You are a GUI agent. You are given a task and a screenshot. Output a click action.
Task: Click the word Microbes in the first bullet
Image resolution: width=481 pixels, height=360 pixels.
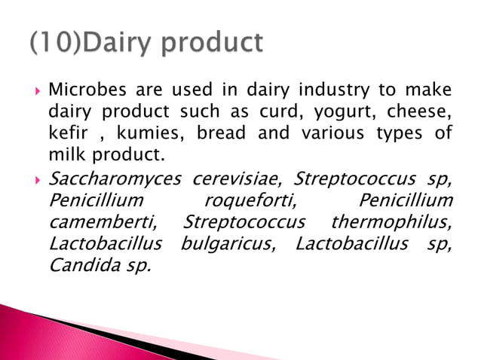[x=81, y=90]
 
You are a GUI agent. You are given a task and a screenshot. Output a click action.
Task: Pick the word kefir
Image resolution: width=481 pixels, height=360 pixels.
[x=66, y=133]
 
